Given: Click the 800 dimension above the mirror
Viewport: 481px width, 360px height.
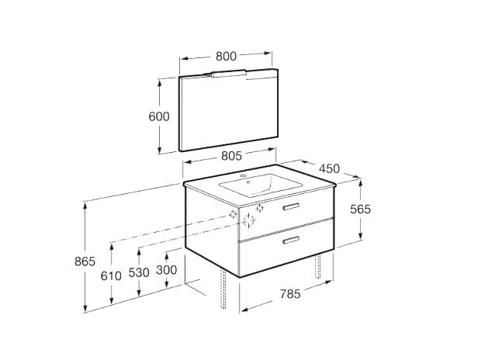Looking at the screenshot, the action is click(226, 56).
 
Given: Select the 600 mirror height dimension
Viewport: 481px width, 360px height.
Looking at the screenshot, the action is click(159, 116).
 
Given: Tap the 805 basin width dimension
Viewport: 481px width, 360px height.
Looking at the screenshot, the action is click(232, 156).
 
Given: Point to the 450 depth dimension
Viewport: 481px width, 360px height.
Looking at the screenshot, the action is click(330, 168).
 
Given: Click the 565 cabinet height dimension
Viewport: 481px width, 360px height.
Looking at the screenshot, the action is click(361, 209).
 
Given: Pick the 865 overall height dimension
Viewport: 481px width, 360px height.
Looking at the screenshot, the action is click(85, 261).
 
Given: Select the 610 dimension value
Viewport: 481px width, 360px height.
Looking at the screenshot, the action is click(111, 276).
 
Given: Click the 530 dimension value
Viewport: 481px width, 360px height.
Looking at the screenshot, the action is click(139, 272).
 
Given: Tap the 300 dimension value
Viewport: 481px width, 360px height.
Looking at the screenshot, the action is click(167, 270).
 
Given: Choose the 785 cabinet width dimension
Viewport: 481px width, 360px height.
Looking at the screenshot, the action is click(290, 294).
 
